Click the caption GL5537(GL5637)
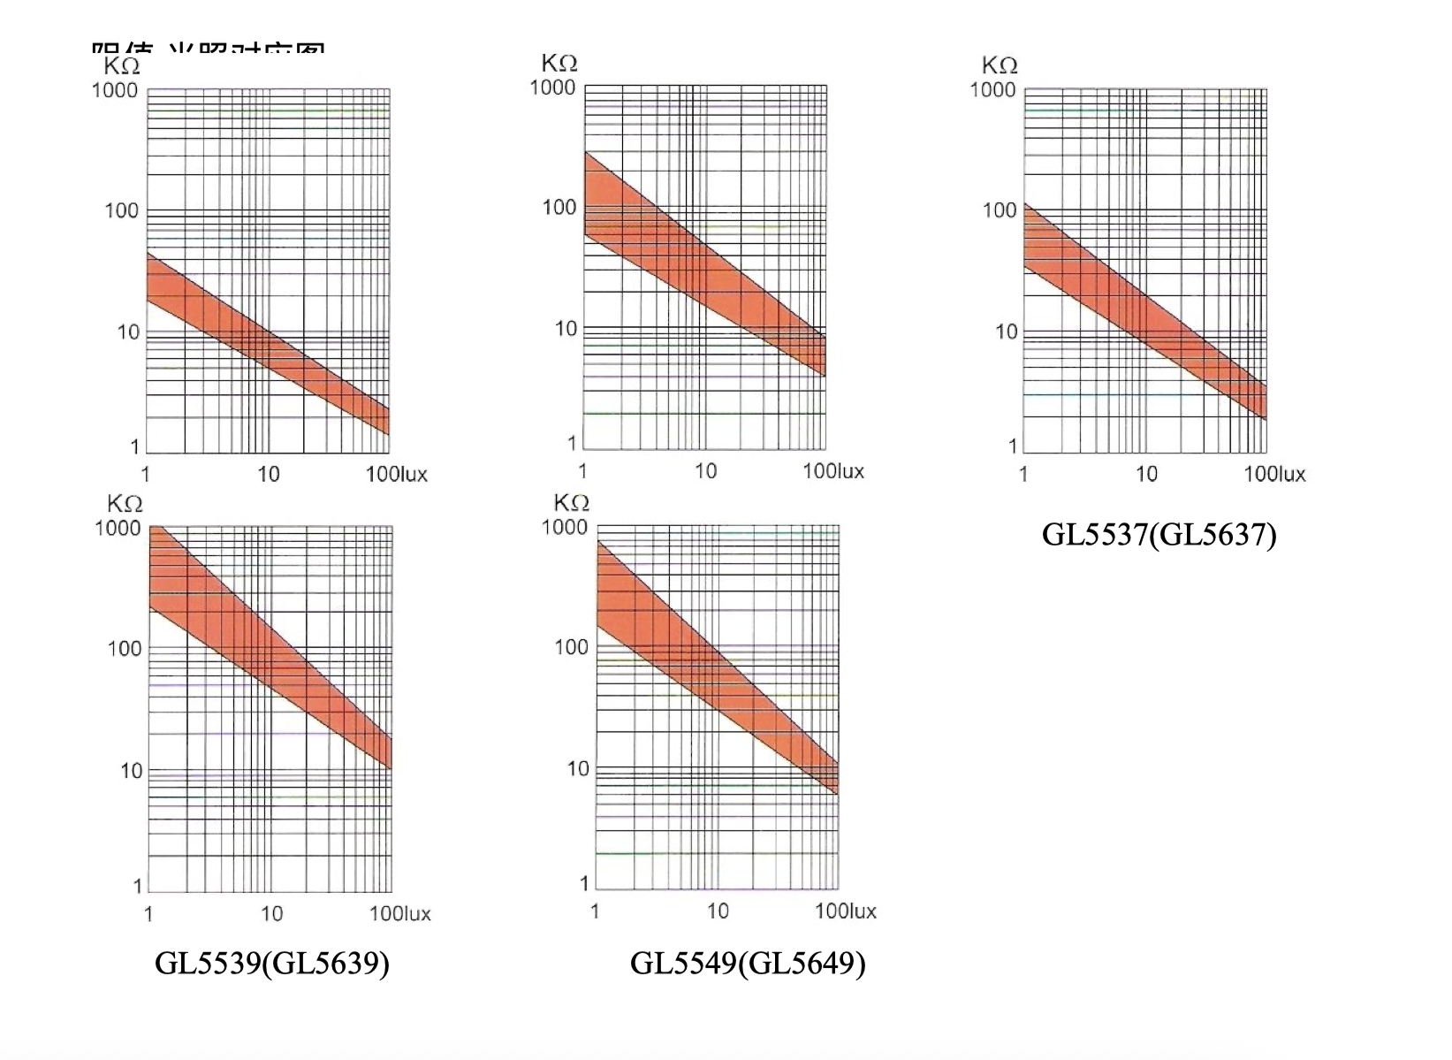pos(1159,535)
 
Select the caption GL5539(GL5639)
pos(272,963)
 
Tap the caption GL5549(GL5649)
pos(748,963)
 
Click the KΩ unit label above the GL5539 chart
pos(125,504)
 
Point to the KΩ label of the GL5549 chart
pos(571,503)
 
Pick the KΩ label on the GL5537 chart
pos(1000,65)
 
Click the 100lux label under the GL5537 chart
pos(1274,475)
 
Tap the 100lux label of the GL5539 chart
pos(400,914)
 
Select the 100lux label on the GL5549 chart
pos(846,911)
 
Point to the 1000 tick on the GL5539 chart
pos(118,529)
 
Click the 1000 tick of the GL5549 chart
pos(564,528)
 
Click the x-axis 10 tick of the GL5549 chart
pos(718,911)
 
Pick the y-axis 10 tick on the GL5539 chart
pos(132,772)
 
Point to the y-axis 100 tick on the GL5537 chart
pos(1000,210)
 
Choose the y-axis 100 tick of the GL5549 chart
pos(571,648)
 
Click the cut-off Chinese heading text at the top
pos(208,49)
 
